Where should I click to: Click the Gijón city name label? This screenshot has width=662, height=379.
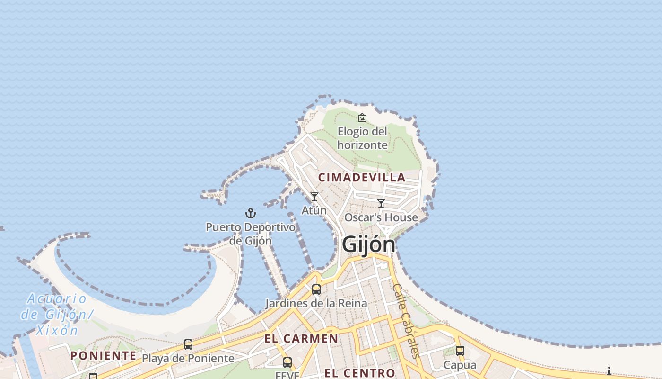[x=368, y=244]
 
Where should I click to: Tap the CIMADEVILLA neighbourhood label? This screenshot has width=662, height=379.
[x=362, y=178]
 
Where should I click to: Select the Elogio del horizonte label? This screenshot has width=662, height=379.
[x=362, y=138]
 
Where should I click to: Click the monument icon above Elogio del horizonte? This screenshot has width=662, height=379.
[x=362, y=117]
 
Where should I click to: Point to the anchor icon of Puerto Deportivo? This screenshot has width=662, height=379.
[x=251, y=213]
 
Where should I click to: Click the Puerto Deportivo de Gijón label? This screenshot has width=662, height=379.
[x=251, y=234]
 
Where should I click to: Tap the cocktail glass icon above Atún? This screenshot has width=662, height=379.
[x=314, y=197]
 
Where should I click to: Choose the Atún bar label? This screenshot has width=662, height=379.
[x=314, y=210]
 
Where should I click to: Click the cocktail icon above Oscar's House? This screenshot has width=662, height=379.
[x=381, y=203]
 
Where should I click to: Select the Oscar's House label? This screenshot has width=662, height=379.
[x=381, y=217]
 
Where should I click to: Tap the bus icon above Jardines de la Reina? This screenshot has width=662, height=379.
[x=316, y=289]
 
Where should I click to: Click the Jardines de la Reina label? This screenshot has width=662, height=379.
[x=316, y=303]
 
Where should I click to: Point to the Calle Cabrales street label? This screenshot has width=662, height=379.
[x=406, y=321]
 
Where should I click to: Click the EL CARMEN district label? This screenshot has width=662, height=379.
[x=301, y=339]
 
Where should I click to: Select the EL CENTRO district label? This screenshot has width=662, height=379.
[x=359, y=373]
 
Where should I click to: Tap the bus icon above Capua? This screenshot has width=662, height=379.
[x=460, y=351]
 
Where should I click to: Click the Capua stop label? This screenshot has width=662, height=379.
[x=460, y=365]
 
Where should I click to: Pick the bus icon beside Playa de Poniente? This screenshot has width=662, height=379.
[x=188, y=344]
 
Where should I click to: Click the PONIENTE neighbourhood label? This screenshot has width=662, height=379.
[x=103, y=356]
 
